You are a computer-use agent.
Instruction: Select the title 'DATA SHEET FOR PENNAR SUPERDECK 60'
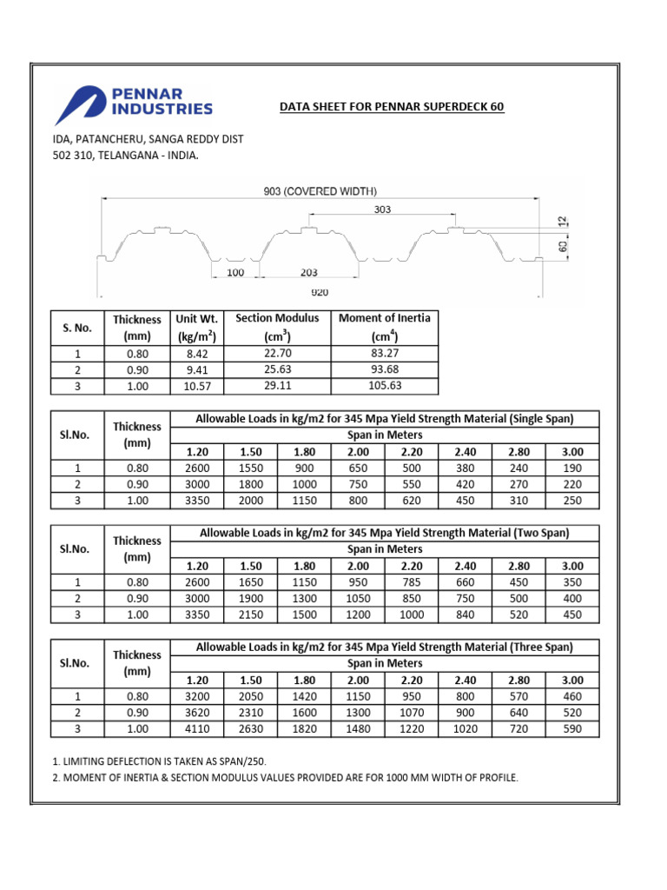coord(391,107)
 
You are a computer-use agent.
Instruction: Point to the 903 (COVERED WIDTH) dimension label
coord(320,191)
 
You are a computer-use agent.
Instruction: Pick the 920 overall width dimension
coord(320,293)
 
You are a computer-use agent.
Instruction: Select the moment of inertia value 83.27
coord(384,354)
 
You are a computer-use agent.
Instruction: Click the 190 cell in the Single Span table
coord(572,468)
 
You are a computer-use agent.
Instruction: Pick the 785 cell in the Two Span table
coord(411,582)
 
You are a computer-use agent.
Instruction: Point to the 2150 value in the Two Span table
coord(252,615)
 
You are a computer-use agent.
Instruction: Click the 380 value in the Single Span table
coord(466,468)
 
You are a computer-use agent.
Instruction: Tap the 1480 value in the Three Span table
coord(358,729)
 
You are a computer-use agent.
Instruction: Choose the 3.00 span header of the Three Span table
coord(572,680)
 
